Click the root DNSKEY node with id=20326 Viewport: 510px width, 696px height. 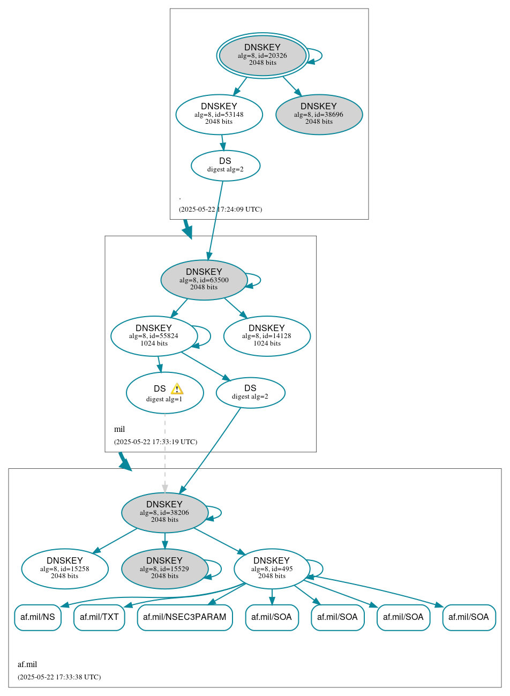pyautogui.click(x=262, y=55)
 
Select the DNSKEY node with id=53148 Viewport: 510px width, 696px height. pyautogui.click(x=219, y=114)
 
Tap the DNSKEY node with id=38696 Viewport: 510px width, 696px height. pyautogui.click(x=319, y=114)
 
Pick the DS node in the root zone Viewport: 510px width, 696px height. pyautogui.click(x=225, y=166)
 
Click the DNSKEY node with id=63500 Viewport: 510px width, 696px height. pyautogui.click(x=204, y=280)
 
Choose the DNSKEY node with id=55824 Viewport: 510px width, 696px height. pyautogui.click(x=154, y=336)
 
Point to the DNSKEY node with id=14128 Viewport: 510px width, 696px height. pyautogui.click(x=267, y=336)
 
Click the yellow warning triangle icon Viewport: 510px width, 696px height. pyautogui.click(x=177, y=389)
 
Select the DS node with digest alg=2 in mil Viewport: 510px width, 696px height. pyautogui.click(x=250, y=393)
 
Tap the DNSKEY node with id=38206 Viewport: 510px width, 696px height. pyautogui.click(x=164, y=512)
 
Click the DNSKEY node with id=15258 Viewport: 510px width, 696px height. pyautogui.click(x=65, y=568)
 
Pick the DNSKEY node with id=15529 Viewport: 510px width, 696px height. pyautogui.click(x=164, y=568)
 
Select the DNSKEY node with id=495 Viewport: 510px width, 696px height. pyautogui.click(x=272, y=568)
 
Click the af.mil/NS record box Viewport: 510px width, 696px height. pyautogui.click(x=37, y=617)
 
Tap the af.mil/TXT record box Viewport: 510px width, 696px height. pyautogui.click(x=99, y=617)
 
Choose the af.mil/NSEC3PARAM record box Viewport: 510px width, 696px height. pyautogui.click(x=185, y=617)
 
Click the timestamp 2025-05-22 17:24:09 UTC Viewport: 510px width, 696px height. pyautogui.click(x=220, y=209)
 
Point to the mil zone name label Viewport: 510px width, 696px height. pyautogui.click(x=119, y=429)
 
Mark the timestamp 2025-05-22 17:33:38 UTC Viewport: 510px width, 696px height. pyautogui.click(x=59, y=677)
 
